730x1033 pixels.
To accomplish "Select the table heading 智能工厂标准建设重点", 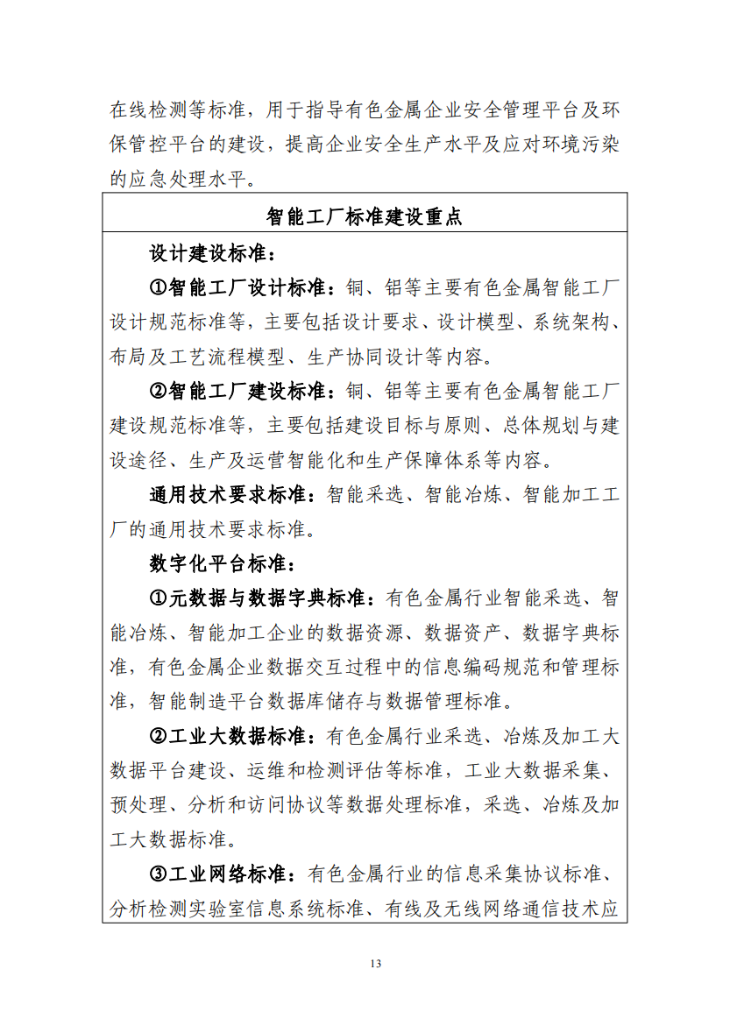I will [365, 216].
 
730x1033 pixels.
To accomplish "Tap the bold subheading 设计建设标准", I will [211, 254].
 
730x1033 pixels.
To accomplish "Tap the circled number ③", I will [159, 874].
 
